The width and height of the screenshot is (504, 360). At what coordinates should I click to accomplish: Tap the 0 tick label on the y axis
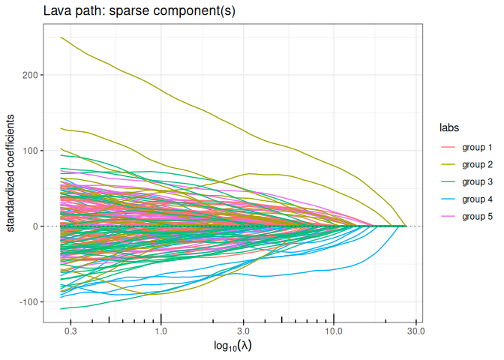[40, 226]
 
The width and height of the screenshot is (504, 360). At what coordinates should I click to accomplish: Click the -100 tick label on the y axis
[33, 301]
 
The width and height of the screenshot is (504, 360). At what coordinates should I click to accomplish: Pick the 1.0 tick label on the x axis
[160, 330]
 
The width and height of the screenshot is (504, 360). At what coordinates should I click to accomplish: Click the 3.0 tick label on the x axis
[242, 330]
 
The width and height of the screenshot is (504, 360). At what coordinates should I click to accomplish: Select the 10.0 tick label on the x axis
[334, 330]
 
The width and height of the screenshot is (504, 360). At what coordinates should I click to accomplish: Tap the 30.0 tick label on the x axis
[415, 330]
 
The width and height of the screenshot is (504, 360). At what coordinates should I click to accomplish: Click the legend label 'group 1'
[477, 147]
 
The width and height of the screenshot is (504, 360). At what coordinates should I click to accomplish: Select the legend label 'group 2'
[477, 164]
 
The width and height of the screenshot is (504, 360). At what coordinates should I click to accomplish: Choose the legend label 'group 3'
[477, 181]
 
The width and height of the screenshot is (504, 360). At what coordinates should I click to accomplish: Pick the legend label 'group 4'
[477, 199]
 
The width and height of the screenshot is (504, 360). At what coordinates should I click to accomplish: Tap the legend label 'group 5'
[477, 216]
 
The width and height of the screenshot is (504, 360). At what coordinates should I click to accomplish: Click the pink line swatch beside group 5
[448, 216]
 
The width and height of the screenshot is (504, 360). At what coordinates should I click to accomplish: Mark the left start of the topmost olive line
[61, 37]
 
